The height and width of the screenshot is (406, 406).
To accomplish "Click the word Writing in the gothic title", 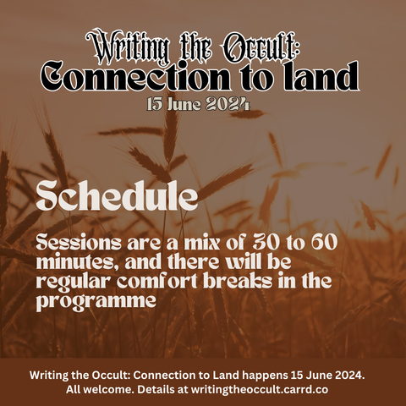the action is pyautogui.click(x=128, y=47).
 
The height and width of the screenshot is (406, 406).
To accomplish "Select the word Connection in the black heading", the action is pyautogui.click(x=134, y=76).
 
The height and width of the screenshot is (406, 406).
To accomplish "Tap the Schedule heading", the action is pyautogui.click(x=117, y=195).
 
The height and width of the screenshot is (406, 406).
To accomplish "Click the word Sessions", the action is pyautogui.click(x=79, y=243).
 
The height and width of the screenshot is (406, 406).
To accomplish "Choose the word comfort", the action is pyautogui.click(x=157, y=282).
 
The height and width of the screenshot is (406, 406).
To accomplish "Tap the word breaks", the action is pyautogui.click(x=238, y=281).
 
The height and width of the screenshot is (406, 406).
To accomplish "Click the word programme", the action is pyautogui.click(x=96, y=301).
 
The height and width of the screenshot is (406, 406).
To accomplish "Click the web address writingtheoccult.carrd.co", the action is pyautogui.click(x=260, y=390).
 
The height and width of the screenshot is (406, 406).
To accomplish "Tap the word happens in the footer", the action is pyautogui.click(x=265, y=376).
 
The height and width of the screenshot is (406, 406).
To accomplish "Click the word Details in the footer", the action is pyautogui.click(x=156, y=390).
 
